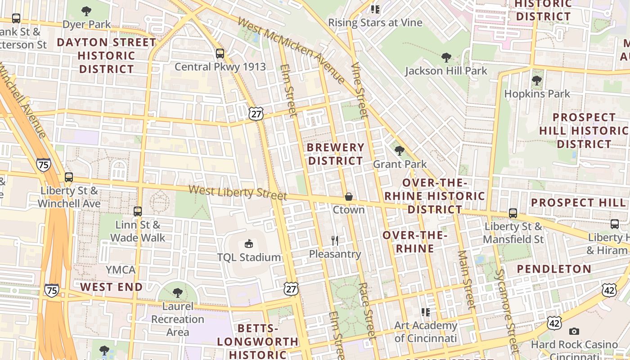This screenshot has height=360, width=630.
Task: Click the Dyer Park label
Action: [x=87, y=24]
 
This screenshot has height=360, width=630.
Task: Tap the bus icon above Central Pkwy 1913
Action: [x=220, y=54]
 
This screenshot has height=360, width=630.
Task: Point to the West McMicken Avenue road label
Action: [x=291, y=50]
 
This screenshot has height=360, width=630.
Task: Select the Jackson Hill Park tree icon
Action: [x=446, y=58]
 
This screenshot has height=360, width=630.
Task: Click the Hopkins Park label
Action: [x=537, y=94]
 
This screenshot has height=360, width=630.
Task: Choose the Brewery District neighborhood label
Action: [x=335, y=154]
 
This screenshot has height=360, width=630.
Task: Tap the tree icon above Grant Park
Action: [x=399, y=151]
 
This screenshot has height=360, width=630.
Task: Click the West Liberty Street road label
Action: [x=238, y=192]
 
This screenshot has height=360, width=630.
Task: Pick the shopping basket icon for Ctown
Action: [x=348, y=197]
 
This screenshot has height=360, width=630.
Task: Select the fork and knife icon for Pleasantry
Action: [x=335, y=241]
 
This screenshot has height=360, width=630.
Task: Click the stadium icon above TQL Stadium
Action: [x=248, y=244]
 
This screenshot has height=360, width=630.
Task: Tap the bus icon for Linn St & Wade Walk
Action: [x=138, y=211]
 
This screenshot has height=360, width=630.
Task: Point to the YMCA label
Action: [x=120, y=270]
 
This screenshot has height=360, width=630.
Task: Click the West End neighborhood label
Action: [x=111, y=287]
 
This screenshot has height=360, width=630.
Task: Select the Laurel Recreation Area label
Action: [x=177, y=319]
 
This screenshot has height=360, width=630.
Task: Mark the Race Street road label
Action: [x=367, y=310]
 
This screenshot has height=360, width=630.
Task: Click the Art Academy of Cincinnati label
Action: [x=425, y=332]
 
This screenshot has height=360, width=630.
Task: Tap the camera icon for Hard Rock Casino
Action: [x=574, y=332]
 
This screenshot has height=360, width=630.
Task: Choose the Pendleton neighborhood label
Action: [x=554, y=269]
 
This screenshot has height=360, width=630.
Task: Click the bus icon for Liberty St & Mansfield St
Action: [x=513, y=213]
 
